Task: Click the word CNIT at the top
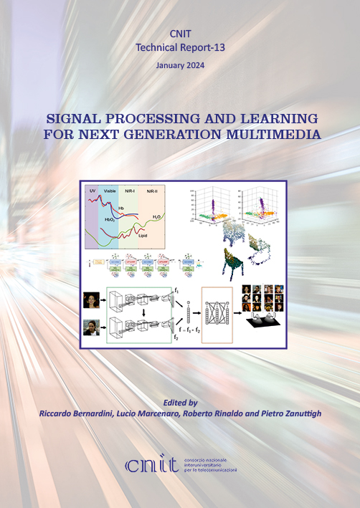click(x=179, y=34)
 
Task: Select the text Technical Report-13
click(x=179, y=47)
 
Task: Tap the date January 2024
click(x=179, y=65)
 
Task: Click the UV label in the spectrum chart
click(x=92, y=191)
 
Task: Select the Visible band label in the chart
click(x=110, y=191)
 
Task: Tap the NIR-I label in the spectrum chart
click(x=130, y=191)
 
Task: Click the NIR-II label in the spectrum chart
click(x=152, y=191)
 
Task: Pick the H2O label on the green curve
click(x=156, y=216)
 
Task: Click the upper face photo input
click(x=92, y=298)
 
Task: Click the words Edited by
click(x=180, y=403)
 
